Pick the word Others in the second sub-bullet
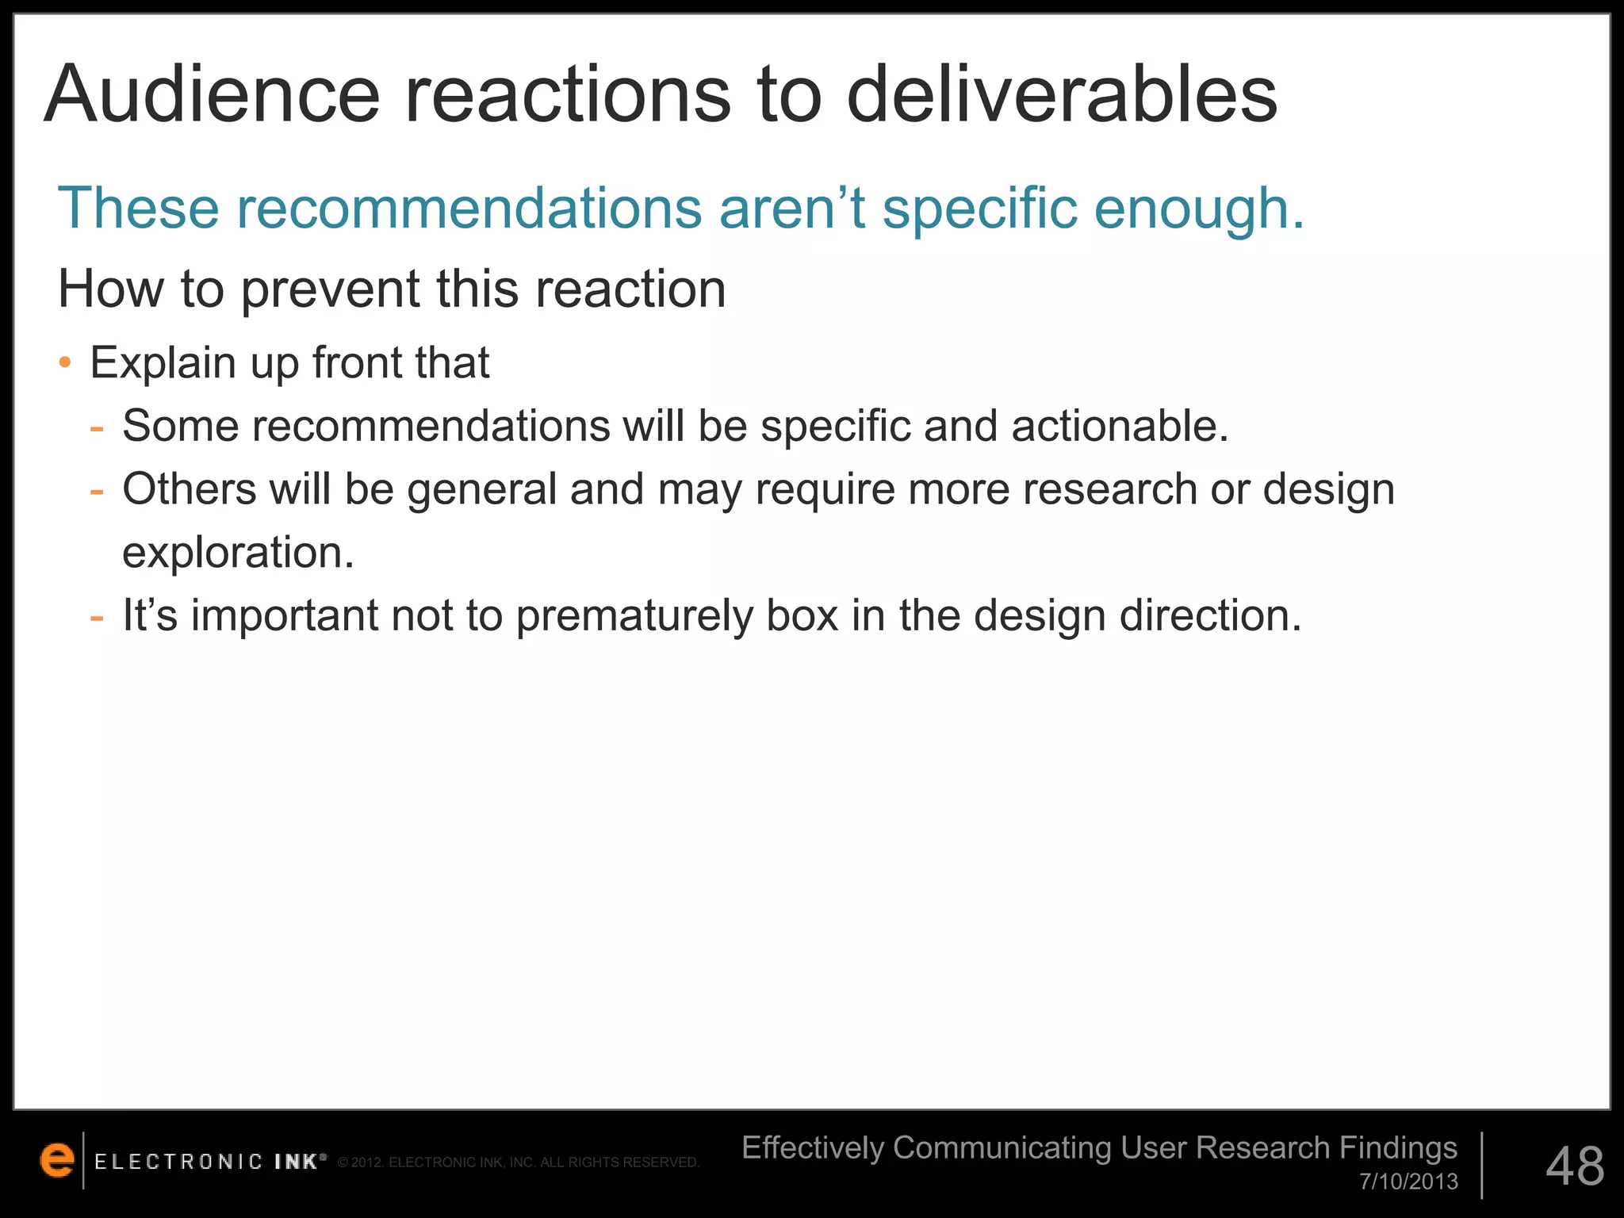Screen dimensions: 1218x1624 [x=190, y=488]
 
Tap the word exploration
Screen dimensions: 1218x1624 [x=238, y=552]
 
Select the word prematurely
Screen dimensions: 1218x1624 [x=634, y=615]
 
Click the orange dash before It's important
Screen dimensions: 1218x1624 [x=98, y=616]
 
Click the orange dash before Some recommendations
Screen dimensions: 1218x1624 [x=98, y=427]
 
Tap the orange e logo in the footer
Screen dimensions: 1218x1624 [x=57, y=1160]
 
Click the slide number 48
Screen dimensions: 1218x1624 [x=1575, y=1166]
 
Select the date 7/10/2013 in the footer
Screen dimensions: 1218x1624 [x=1409, y=1182]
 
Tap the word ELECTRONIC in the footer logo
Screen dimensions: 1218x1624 [x=178, y=1162]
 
